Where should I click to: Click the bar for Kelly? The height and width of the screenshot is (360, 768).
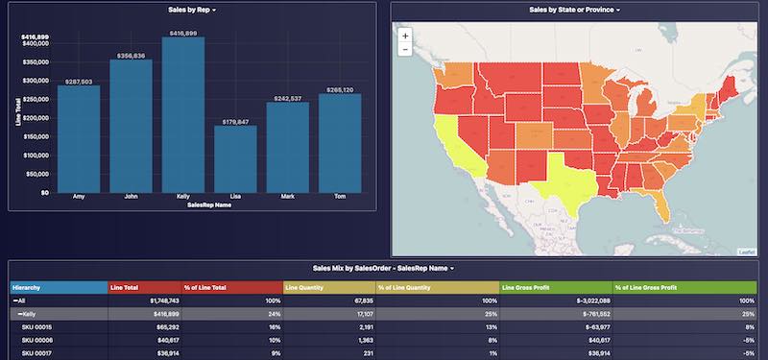coord(182,115)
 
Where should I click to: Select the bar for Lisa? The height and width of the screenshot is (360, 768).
coord(235,159)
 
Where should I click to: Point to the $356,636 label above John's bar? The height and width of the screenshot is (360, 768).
coord(131,56)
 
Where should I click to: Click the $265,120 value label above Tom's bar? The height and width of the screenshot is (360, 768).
coord(340,89)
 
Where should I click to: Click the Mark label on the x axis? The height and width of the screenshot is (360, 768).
coord(287,197)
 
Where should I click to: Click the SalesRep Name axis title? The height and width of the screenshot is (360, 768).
coord(208,204)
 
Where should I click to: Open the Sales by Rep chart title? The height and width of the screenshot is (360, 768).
coord(189,10)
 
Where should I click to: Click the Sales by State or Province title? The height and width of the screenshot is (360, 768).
coord(574,10)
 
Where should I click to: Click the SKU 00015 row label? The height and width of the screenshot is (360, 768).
coord(36,327)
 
